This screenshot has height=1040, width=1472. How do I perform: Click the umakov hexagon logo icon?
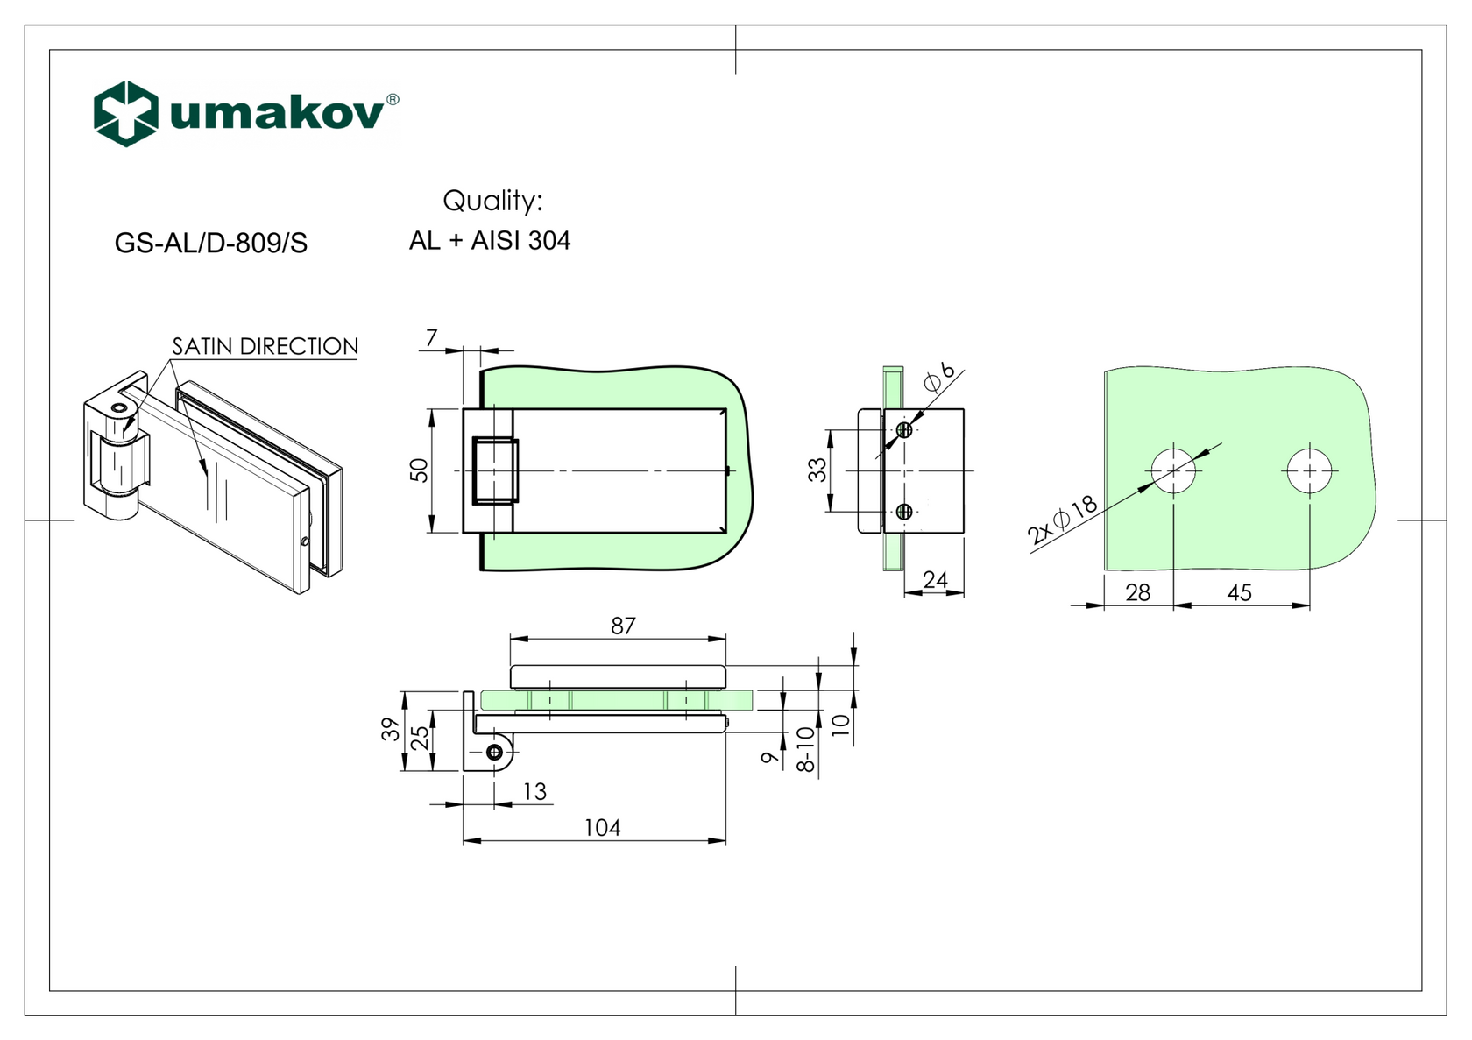[126, 114]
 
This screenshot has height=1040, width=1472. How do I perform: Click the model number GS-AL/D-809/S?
[211, 243]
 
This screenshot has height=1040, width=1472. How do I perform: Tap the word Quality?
[492, 201]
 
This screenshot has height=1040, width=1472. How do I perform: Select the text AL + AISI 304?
[490, 240]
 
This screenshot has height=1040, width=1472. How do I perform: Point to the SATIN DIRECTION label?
[265, 346]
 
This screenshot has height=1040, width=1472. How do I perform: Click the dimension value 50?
[420, 470]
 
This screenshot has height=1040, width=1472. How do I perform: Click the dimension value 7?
[431, 337]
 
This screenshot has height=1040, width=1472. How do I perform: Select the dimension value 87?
[623, 626]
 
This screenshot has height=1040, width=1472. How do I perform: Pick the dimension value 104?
[602, 828]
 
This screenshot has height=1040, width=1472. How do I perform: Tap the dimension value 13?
[534, 791]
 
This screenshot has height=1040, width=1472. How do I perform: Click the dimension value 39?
[390, 729]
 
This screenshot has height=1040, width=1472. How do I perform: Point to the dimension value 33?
[817, 470]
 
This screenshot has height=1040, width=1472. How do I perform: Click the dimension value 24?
[936, 579]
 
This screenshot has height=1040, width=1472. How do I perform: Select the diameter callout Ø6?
[938, 376]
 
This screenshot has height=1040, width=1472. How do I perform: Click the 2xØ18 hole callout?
[1062, 520]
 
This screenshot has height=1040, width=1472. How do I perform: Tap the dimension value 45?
[1239, 593]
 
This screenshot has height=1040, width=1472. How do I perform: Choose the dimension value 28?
[1137, 593]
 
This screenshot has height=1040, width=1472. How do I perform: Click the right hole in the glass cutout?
[1309, 470]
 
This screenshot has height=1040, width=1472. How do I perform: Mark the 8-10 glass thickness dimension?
[805, 749]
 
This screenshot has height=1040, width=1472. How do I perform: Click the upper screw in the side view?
[904, 429]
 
